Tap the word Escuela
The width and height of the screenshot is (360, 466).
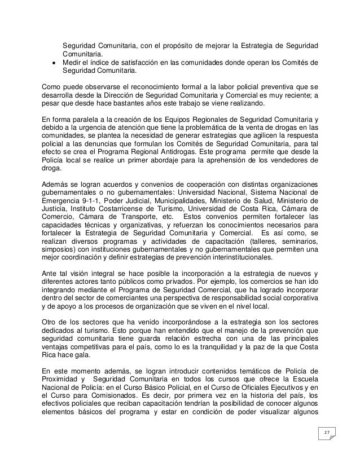coord(304,378)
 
